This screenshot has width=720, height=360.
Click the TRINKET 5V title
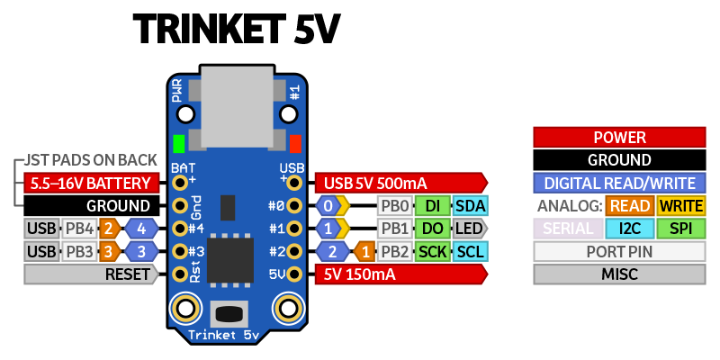pyautogui.click(x=237, y=31)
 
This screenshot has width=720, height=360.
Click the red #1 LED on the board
pyautogui.click(x=294, y=143)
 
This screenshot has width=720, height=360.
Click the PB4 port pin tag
pyautogui.click(x=80, y=228)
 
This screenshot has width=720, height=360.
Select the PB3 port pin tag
pyautogui.click(x=80, y=250)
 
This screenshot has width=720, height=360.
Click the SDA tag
pyautogui.click(x=471, y=205)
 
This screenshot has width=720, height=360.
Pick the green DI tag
pyautogui.click(x=433, y=205)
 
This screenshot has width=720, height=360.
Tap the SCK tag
pyautogui.click(x=433, y=250)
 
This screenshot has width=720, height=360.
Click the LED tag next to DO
pyautogui.click(x=470, y=228)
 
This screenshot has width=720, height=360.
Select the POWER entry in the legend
pyautogui.click(x=619, y=138)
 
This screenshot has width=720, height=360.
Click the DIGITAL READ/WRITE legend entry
pyautogui.click(x=619, y=183)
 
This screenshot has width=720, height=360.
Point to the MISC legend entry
pyautogui.click(x=619, y=274)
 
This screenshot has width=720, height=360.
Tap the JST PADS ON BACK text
pyautogui.click(x=91, y=160)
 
